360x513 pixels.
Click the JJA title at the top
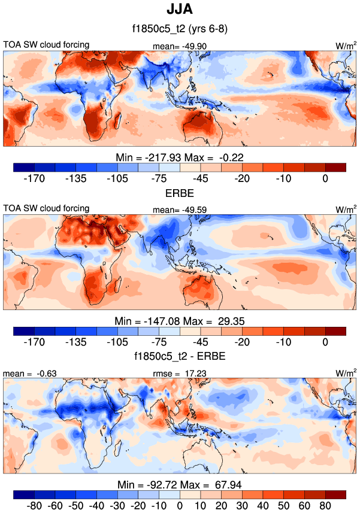click(180, 10)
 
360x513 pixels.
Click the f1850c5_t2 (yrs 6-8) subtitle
click(180, 29)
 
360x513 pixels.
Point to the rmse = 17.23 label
click(180, 374)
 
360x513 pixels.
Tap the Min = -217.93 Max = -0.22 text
click(180, 157)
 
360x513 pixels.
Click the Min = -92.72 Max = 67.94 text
click(180, 484)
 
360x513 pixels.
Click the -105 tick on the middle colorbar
click(117, 342)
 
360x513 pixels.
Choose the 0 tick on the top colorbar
click(325, 178)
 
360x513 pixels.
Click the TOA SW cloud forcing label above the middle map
click(46, 208)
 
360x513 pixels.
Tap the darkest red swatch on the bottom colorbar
click(335, 494)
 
